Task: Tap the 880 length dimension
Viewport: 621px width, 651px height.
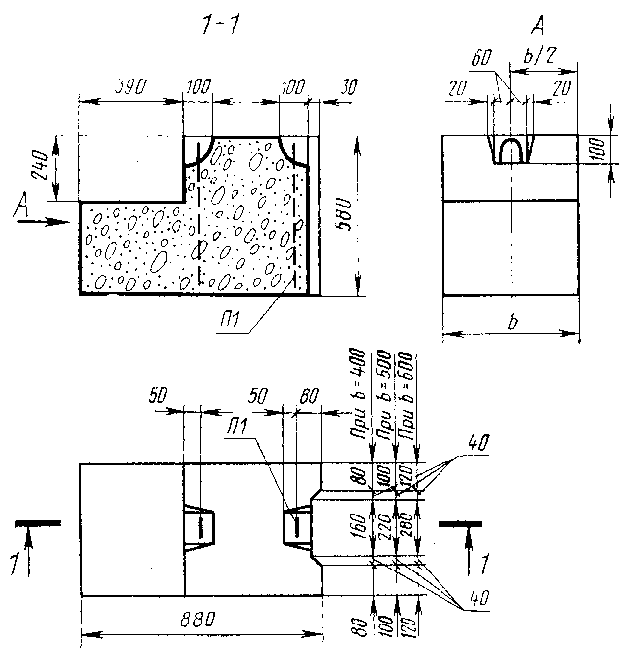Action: [201, 621]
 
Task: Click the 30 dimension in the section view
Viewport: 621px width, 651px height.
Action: [347, 87]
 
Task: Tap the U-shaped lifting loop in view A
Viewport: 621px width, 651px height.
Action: [512, 149]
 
